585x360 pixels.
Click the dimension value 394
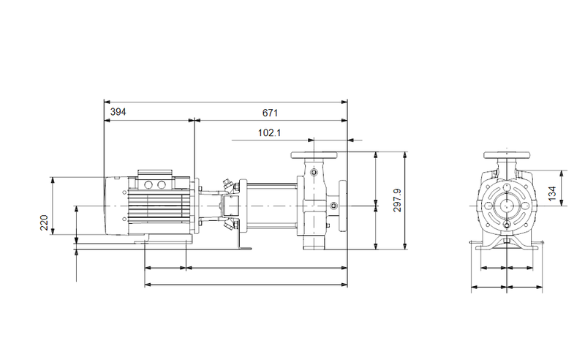[118, 112]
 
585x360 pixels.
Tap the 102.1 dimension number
[269, 132]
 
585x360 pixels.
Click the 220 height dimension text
[44, 222]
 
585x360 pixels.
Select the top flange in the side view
[314, 155]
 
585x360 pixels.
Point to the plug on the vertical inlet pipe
[314, 173]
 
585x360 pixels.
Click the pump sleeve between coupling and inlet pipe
[271, 207]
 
